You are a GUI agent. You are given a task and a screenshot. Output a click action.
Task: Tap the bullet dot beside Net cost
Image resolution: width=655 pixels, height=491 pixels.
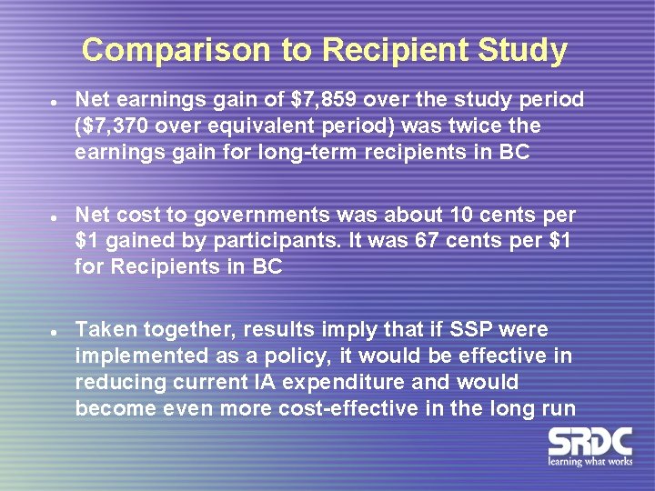tap(55, 216)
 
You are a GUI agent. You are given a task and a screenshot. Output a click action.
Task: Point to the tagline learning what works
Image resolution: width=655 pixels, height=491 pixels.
tap(589, 462)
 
